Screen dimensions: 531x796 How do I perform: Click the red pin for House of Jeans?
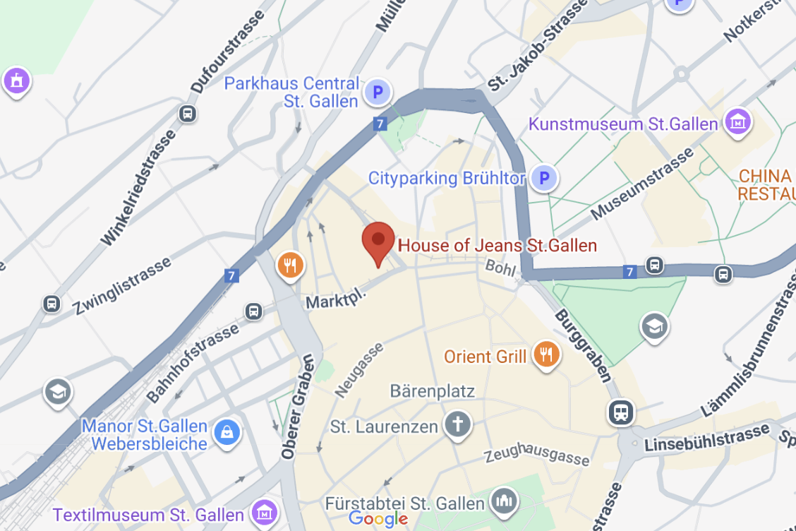pos(378,242)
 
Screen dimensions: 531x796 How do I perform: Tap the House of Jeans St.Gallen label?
pos(497,246)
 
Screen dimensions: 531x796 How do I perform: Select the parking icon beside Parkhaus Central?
pos(378,91)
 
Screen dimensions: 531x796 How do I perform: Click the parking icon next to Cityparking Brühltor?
pos(543,178)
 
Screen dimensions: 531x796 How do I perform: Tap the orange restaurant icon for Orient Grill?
pos(545,354)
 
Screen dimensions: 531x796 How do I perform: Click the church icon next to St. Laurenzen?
pos(457,424)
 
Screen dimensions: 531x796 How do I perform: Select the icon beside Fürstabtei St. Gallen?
pos(504,501)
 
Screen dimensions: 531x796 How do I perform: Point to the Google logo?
pos(378,520)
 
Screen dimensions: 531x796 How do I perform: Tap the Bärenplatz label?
pos(433,391)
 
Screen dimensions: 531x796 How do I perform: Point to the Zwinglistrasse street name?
pos(122,285)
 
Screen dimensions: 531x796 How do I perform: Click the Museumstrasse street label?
pos(643,185)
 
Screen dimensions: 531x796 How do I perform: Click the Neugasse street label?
pos(359,369)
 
